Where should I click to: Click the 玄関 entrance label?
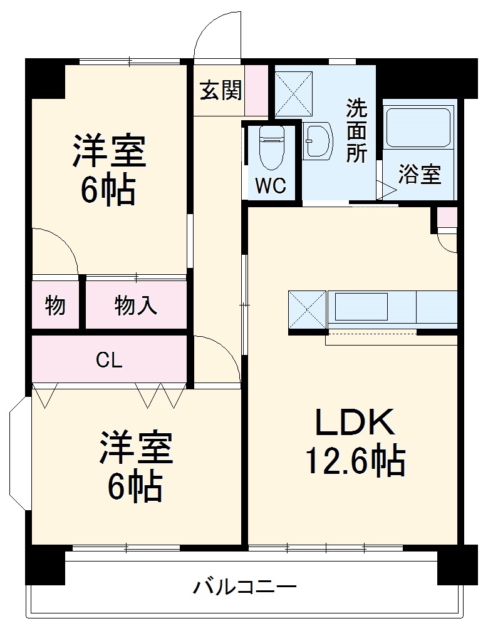point(221,91)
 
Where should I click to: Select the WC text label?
point(271,185)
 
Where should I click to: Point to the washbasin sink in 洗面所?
point(318,141)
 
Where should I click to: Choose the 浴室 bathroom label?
point(420,175)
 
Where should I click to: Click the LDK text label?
point(355,423)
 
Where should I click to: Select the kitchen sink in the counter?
point(361,307)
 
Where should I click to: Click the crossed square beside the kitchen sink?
point(307,309)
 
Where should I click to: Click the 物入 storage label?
point(135,305)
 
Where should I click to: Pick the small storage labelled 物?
point(55,305)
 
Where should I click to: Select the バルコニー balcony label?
point(244,587)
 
